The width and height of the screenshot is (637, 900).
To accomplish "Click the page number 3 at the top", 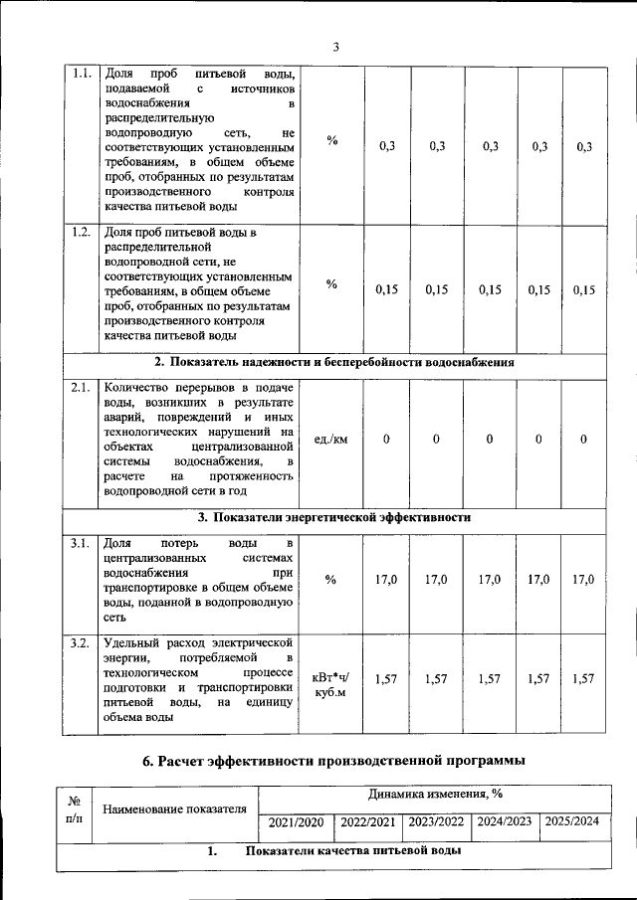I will click(335, 47).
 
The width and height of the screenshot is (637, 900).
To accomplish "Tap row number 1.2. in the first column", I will click(83, 233).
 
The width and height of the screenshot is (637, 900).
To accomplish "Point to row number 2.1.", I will click(83, 388).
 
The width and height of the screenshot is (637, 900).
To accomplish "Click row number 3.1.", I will click(83, 543).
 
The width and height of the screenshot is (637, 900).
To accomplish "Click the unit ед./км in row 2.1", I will click(330, 440).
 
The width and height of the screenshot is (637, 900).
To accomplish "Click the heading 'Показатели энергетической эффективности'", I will click(333, 518).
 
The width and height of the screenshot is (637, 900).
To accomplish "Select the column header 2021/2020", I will click(296, 822).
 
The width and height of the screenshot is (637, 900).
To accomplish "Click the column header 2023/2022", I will click(437, 822).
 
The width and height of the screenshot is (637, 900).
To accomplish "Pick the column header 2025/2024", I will click(571, 822).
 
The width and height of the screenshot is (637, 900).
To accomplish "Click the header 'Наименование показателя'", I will click(174, 809).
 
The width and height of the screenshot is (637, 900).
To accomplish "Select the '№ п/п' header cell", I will click(73, 808).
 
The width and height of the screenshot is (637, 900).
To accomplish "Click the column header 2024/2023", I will click(505, 822).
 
